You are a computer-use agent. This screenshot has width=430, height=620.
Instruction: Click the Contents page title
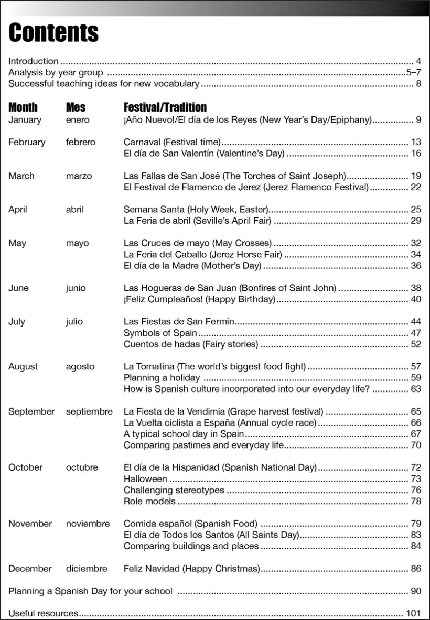click(x=53, y=32)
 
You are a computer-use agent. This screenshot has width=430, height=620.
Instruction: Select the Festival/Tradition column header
click(x=165, y=107)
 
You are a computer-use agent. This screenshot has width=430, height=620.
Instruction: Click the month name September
click(x=31, y=411)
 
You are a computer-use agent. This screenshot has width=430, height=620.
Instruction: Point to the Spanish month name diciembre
click(x=87, y=568)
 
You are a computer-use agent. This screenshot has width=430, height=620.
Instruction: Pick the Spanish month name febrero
click(x=81, y=142)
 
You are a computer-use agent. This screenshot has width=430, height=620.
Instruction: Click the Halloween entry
click(x=145, y=478)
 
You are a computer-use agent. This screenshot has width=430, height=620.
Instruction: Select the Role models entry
click(x=149, y=501)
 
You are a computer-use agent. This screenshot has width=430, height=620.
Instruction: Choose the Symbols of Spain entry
click(x=160, y=333)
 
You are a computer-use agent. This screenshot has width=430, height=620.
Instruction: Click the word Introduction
click(x=34, y=61)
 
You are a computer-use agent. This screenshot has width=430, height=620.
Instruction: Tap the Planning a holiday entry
click(x=162, y=377)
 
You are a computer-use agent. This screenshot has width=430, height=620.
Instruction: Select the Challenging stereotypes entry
click(x=174, y=490)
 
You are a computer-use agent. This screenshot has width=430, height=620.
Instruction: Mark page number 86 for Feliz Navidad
click(x=416, y=568)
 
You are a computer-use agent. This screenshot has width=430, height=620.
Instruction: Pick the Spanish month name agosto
click(x=80, y=366)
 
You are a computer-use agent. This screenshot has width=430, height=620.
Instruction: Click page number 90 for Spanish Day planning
click(x=416, y=591)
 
